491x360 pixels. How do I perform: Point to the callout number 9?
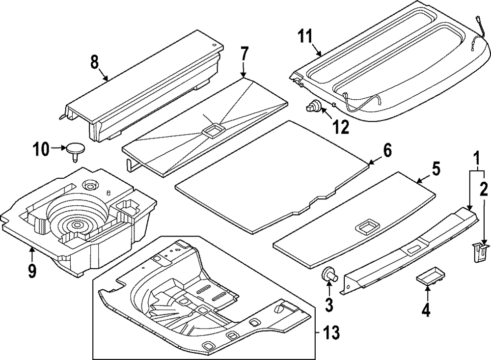(32, 271)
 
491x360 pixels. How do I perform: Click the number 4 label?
(426, 310)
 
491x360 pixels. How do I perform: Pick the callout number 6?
(388, 151)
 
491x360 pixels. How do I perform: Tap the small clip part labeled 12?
(314, 106)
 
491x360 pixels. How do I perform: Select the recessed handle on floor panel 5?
(365, 227)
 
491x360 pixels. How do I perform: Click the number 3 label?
(329, 305)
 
